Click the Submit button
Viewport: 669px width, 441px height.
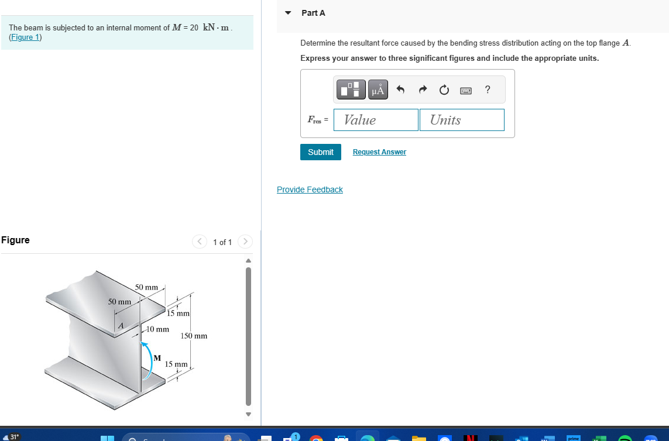320,152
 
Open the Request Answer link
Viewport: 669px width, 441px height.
379,152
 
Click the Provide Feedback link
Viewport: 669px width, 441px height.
310,190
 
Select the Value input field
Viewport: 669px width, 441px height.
376,120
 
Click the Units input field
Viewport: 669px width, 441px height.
461,120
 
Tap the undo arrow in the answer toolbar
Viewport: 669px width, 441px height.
400,89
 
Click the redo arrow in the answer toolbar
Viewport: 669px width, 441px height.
422,89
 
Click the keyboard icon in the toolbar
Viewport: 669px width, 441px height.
466,90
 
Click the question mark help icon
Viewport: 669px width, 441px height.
488,89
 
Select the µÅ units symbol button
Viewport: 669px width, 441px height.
378,89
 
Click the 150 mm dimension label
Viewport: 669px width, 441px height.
194,336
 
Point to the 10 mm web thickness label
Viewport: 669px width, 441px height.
157,329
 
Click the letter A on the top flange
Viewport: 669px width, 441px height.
121,326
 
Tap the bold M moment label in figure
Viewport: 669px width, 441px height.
157,357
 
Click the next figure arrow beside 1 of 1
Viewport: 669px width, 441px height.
246,242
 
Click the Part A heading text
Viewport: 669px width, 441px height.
313,13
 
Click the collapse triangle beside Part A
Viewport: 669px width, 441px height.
288,13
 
